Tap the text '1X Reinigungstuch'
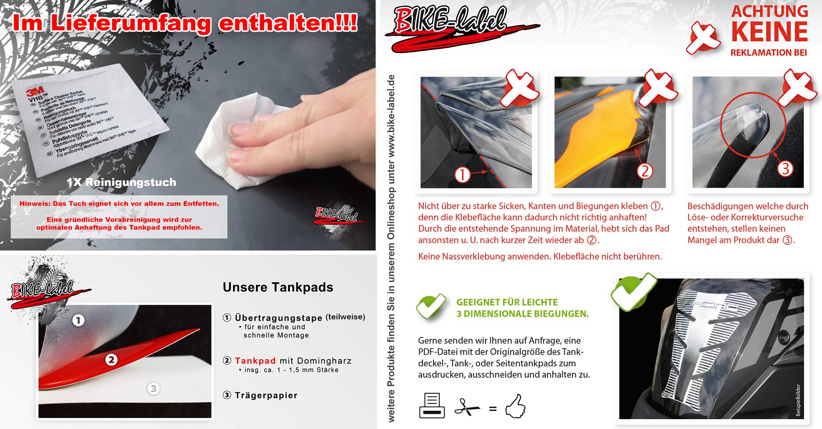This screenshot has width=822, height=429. [x=121, y=182]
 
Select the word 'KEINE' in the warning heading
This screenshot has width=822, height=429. [x=769, y=32]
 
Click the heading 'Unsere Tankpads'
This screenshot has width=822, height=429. [x=278, y=287]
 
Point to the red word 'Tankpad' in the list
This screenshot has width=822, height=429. [x=255, y=361]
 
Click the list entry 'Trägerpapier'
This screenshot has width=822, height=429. [x=266, y=395]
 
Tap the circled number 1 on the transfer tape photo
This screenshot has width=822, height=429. [x=79, y=320]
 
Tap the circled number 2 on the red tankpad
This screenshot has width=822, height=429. [x=111, y=360]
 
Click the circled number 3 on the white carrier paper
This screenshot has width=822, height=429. [x=153, y=388]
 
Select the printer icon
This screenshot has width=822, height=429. [x=432, y=406]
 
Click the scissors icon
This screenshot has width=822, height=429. [x=467, y=408]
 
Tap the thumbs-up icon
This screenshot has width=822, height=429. [x=515, y=406]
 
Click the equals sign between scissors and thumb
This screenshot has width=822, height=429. [x=493, y=409]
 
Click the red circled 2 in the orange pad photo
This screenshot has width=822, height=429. [x=645, y=171]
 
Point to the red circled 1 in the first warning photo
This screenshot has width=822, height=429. [x=462, y=174]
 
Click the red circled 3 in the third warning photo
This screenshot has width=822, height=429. [x=785, y=169]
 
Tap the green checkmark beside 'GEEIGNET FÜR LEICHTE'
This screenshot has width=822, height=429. [x=431, y=307]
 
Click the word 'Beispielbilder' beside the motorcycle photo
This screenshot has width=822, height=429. [x=798, y=400]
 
